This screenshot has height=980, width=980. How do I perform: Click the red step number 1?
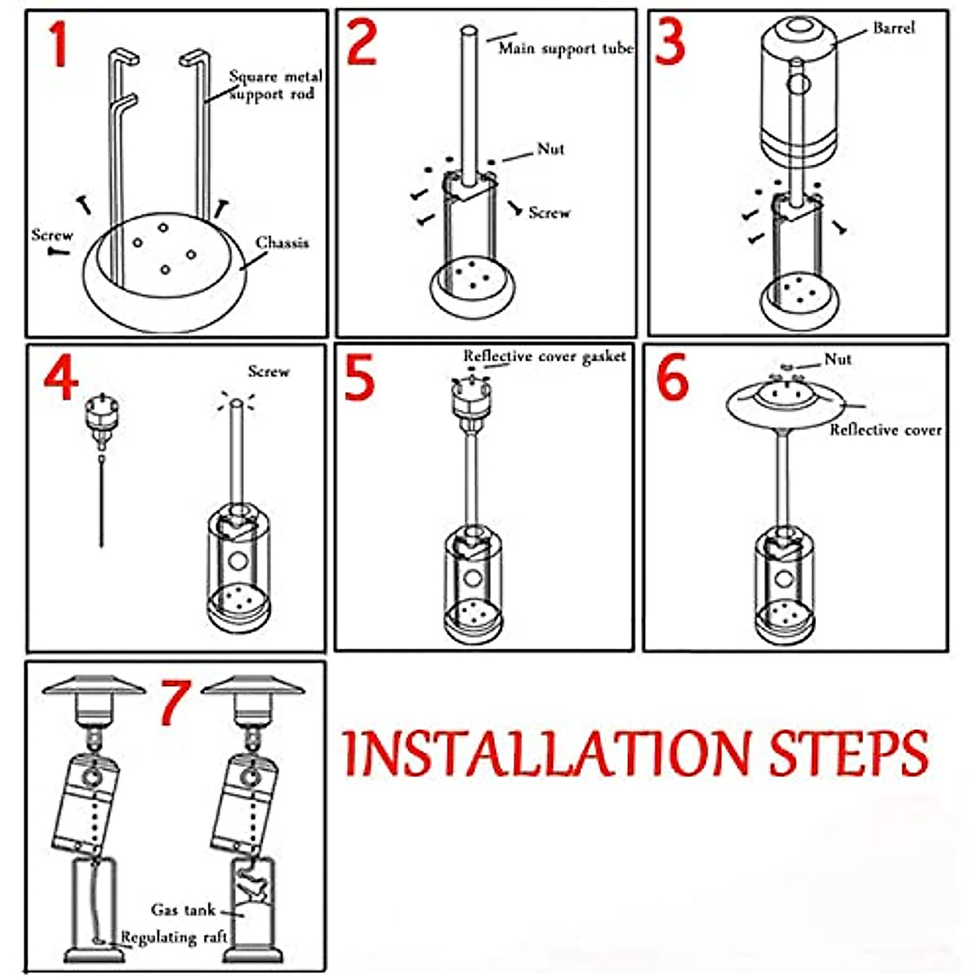pos(59,44)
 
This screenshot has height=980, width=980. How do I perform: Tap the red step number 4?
pos(61,377)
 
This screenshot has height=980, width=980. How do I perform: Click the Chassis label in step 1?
pos(282,243)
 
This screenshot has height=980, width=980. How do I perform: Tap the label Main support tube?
pos(565,48)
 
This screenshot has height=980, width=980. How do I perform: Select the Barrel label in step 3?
pos(893,28)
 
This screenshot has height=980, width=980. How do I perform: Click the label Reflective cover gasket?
pos(544,357)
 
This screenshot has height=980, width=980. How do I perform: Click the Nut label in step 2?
pos(550,149)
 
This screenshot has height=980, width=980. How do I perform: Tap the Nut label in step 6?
pos(838,359)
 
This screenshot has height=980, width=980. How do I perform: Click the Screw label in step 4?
pos(269,372)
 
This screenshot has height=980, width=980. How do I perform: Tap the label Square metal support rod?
pos(276,85)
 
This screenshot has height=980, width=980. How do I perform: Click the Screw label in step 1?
pos(52,235)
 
